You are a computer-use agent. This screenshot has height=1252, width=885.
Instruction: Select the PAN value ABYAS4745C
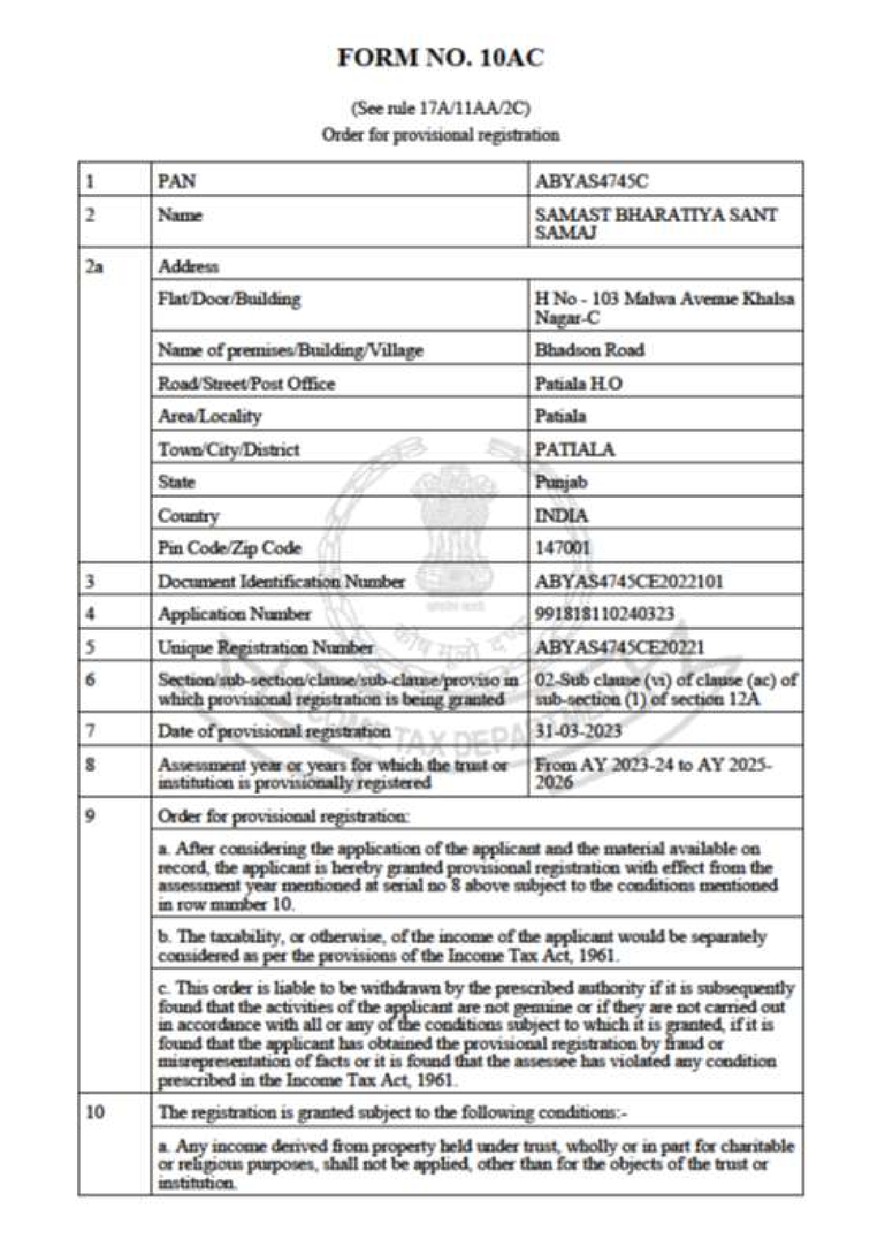592,182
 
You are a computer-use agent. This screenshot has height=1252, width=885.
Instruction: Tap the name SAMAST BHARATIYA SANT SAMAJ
656,223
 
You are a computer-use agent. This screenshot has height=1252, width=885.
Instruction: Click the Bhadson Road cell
590,350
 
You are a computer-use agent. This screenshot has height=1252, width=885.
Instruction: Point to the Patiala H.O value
579,384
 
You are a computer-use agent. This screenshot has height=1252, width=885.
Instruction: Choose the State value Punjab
561,482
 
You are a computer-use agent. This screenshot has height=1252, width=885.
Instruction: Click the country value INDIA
562,516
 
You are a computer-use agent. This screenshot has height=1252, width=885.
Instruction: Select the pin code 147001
563,548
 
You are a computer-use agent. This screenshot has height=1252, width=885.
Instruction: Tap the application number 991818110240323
605,614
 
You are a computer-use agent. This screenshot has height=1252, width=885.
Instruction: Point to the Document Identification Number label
281,581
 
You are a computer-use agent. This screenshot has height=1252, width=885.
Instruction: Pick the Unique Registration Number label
265,648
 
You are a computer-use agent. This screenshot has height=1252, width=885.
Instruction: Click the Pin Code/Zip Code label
230,548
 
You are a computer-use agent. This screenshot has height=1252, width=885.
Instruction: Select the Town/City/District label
228,449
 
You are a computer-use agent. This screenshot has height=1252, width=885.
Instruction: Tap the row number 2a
94,267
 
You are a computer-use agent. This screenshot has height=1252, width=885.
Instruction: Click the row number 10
95,1111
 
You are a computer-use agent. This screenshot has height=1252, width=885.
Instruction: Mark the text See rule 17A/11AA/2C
440,109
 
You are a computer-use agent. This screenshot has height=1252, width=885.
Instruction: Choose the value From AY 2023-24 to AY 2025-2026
652,773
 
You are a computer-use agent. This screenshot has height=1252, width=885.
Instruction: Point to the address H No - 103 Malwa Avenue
664,307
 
